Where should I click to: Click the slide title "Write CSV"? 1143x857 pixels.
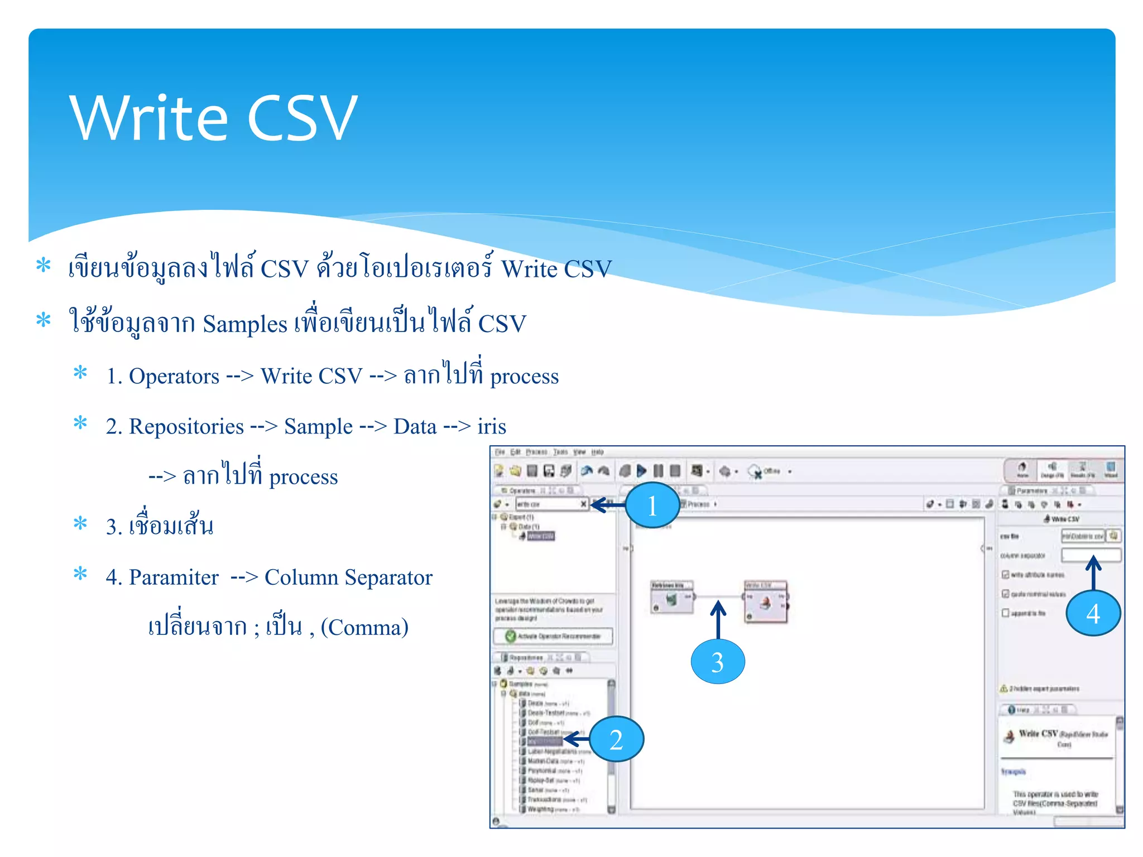(213, 118)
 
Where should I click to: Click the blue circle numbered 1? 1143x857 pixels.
(652, 505)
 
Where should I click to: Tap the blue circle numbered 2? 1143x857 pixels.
(616, 739)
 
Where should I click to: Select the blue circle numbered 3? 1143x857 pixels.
(718, 662)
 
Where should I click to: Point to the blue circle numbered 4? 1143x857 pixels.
(1093, 613)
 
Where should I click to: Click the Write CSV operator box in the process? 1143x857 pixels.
(766, 600)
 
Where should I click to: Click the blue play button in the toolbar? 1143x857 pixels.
(642, 471)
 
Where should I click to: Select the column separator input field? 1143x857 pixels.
(1091, 555)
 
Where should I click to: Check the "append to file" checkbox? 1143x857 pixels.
(1006, 613)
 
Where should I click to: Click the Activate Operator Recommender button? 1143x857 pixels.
(553, 636)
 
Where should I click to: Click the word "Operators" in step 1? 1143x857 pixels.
(174, 377)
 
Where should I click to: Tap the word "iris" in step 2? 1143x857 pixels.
(492, 427)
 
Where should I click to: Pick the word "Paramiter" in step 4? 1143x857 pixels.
(174, 577)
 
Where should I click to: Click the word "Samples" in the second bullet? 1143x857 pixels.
(244, 324)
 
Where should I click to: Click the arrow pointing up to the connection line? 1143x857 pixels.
(718, 619)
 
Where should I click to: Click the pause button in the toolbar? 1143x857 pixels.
(659, 471)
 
